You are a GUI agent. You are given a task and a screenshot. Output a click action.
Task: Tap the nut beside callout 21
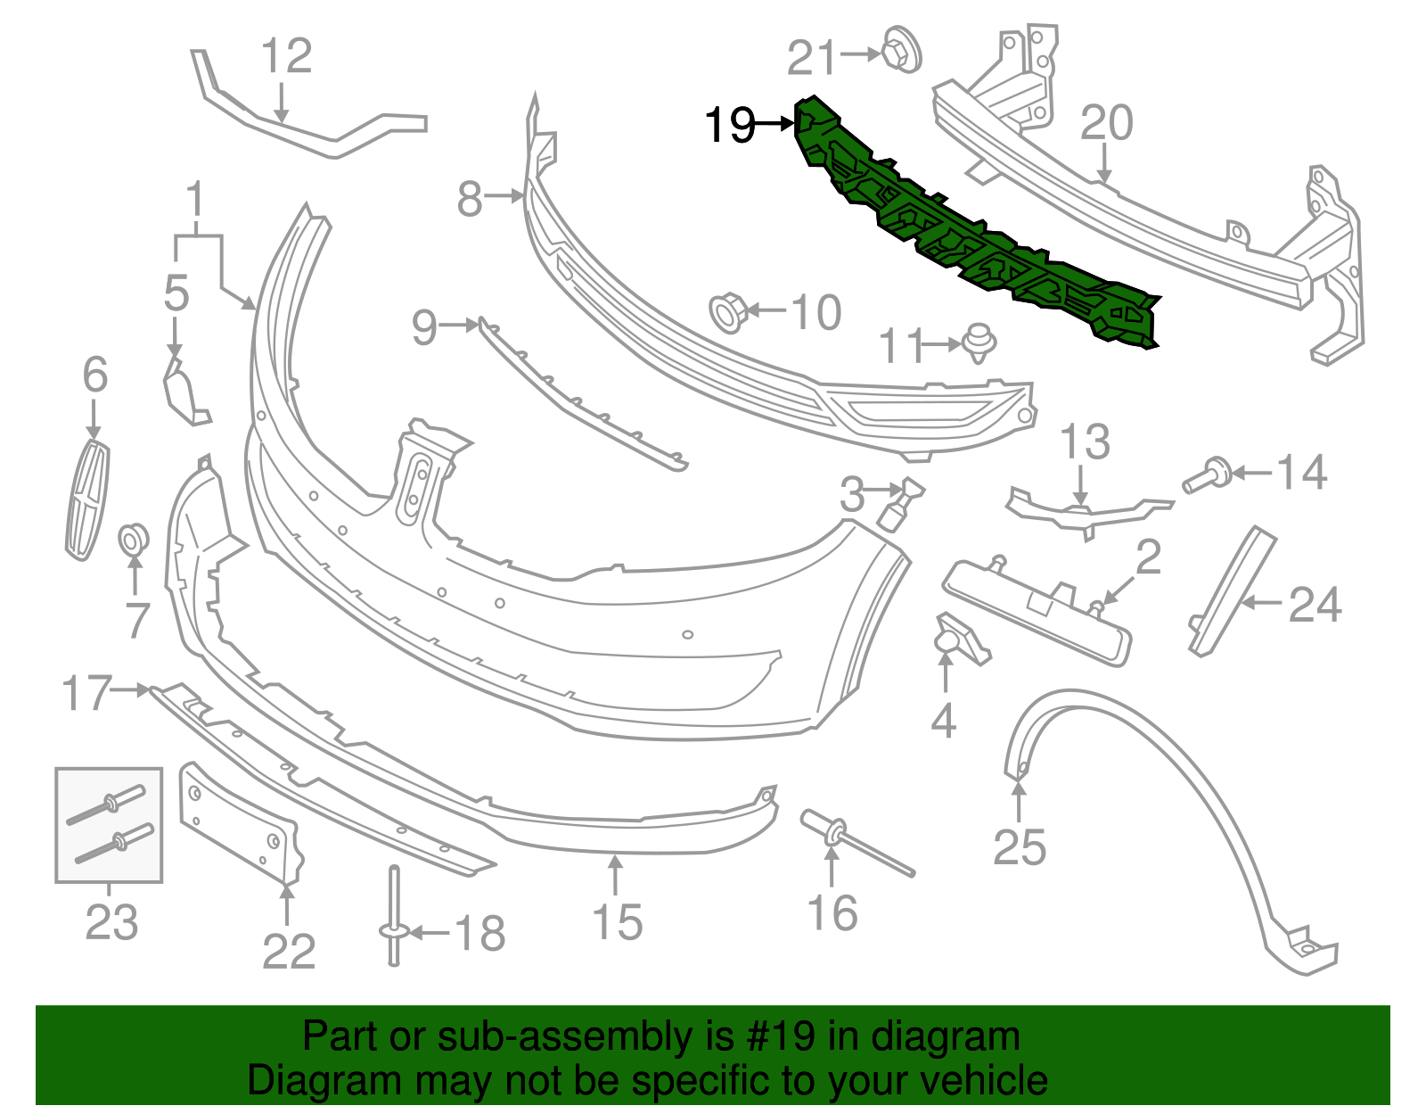pyautogui.click(x=901, y=52)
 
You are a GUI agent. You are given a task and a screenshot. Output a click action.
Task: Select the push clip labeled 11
pyautogui.click(x=979, y=342)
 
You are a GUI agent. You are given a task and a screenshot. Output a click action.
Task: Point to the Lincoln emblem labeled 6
pyautogui.click(x=86, y=500)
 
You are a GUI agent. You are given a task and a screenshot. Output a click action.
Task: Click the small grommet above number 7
pyautogui.click(x=134, y=538)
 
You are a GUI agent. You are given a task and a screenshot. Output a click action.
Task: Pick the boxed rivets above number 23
pyautogui.click(x=109, y=826)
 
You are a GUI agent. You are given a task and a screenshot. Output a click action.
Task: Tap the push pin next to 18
pyautogui.click(x=394, y=919)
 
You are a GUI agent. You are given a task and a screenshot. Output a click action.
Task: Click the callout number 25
pyautogui.click(x=1020, y=847)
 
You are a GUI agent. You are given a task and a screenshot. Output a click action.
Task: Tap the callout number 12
pyautogui.click(x=286, y=56)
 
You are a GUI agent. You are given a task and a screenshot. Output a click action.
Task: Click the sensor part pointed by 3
pyautogui.click(x=901, y=505)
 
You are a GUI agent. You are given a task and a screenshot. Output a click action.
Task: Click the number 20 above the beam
pyautogui.click(x=1106, y=123)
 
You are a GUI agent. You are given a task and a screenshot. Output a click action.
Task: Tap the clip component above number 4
pyautogui.click(x=958, y=639)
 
